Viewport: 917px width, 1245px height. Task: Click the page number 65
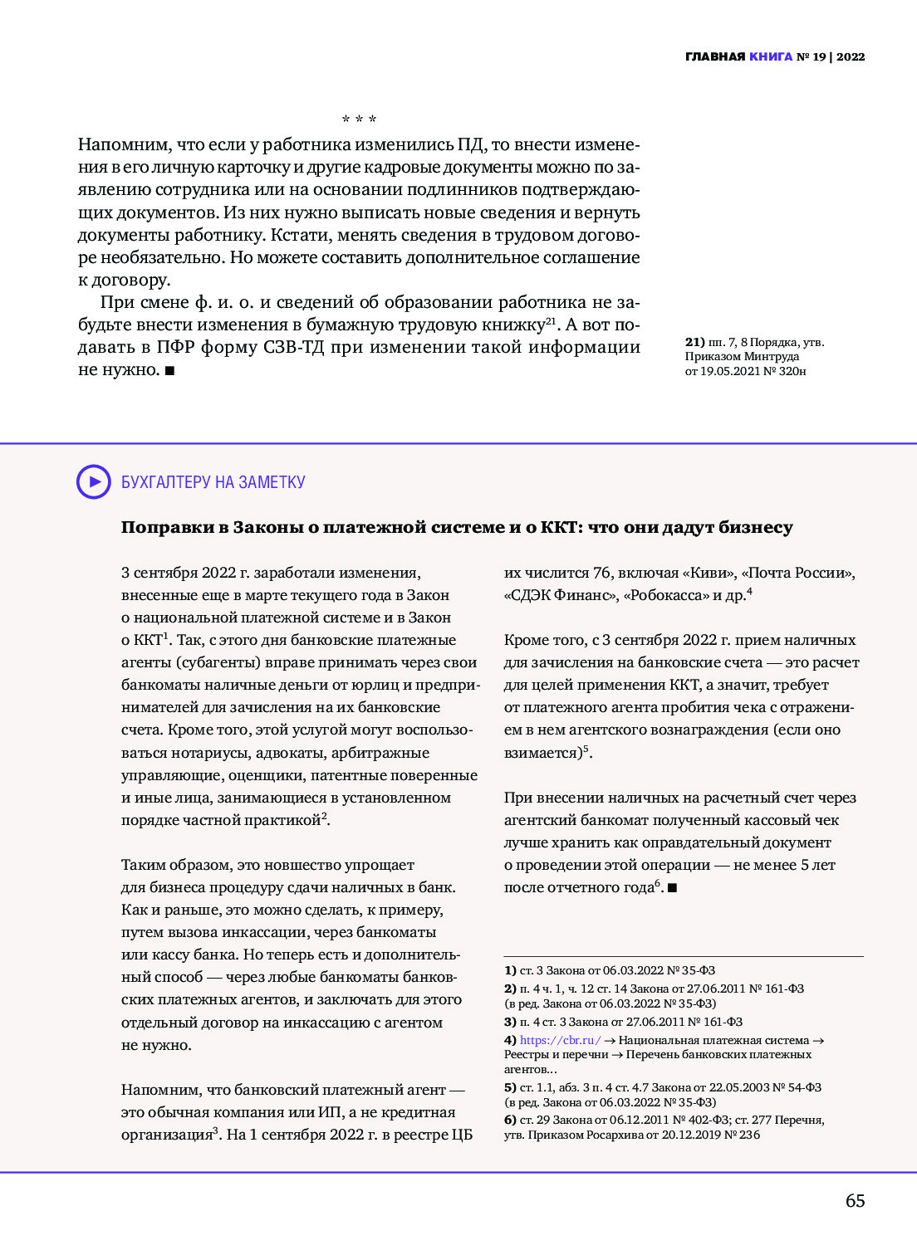click(x=855, y=1201)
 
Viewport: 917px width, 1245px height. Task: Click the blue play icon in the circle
click(x=94, y=481)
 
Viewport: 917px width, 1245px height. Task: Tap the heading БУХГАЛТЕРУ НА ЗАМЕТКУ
click(x=213, y=482)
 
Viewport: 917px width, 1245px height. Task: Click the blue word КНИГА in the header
click(x=771, y=57)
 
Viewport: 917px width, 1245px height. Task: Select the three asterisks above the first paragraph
click(x=359, y=120)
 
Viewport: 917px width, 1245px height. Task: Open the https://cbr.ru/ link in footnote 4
click(x=561, y=1040)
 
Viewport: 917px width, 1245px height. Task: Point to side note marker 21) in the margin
click(x=694, y=342)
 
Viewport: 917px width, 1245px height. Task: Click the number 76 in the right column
click(x=602, y=573)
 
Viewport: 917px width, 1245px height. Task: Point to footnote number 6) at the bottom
click(x=510, y=1120)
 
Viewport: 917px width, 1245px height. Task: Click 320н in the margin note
click(x=792, y=371)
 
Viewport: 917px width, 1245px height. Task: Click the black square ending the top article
click(x=169, y=370)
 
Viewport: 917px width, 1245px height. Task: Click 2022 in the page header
click(x=851, y=57)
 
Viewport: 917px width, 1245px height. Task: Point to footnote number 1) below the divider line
click(x=510, y=970)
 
